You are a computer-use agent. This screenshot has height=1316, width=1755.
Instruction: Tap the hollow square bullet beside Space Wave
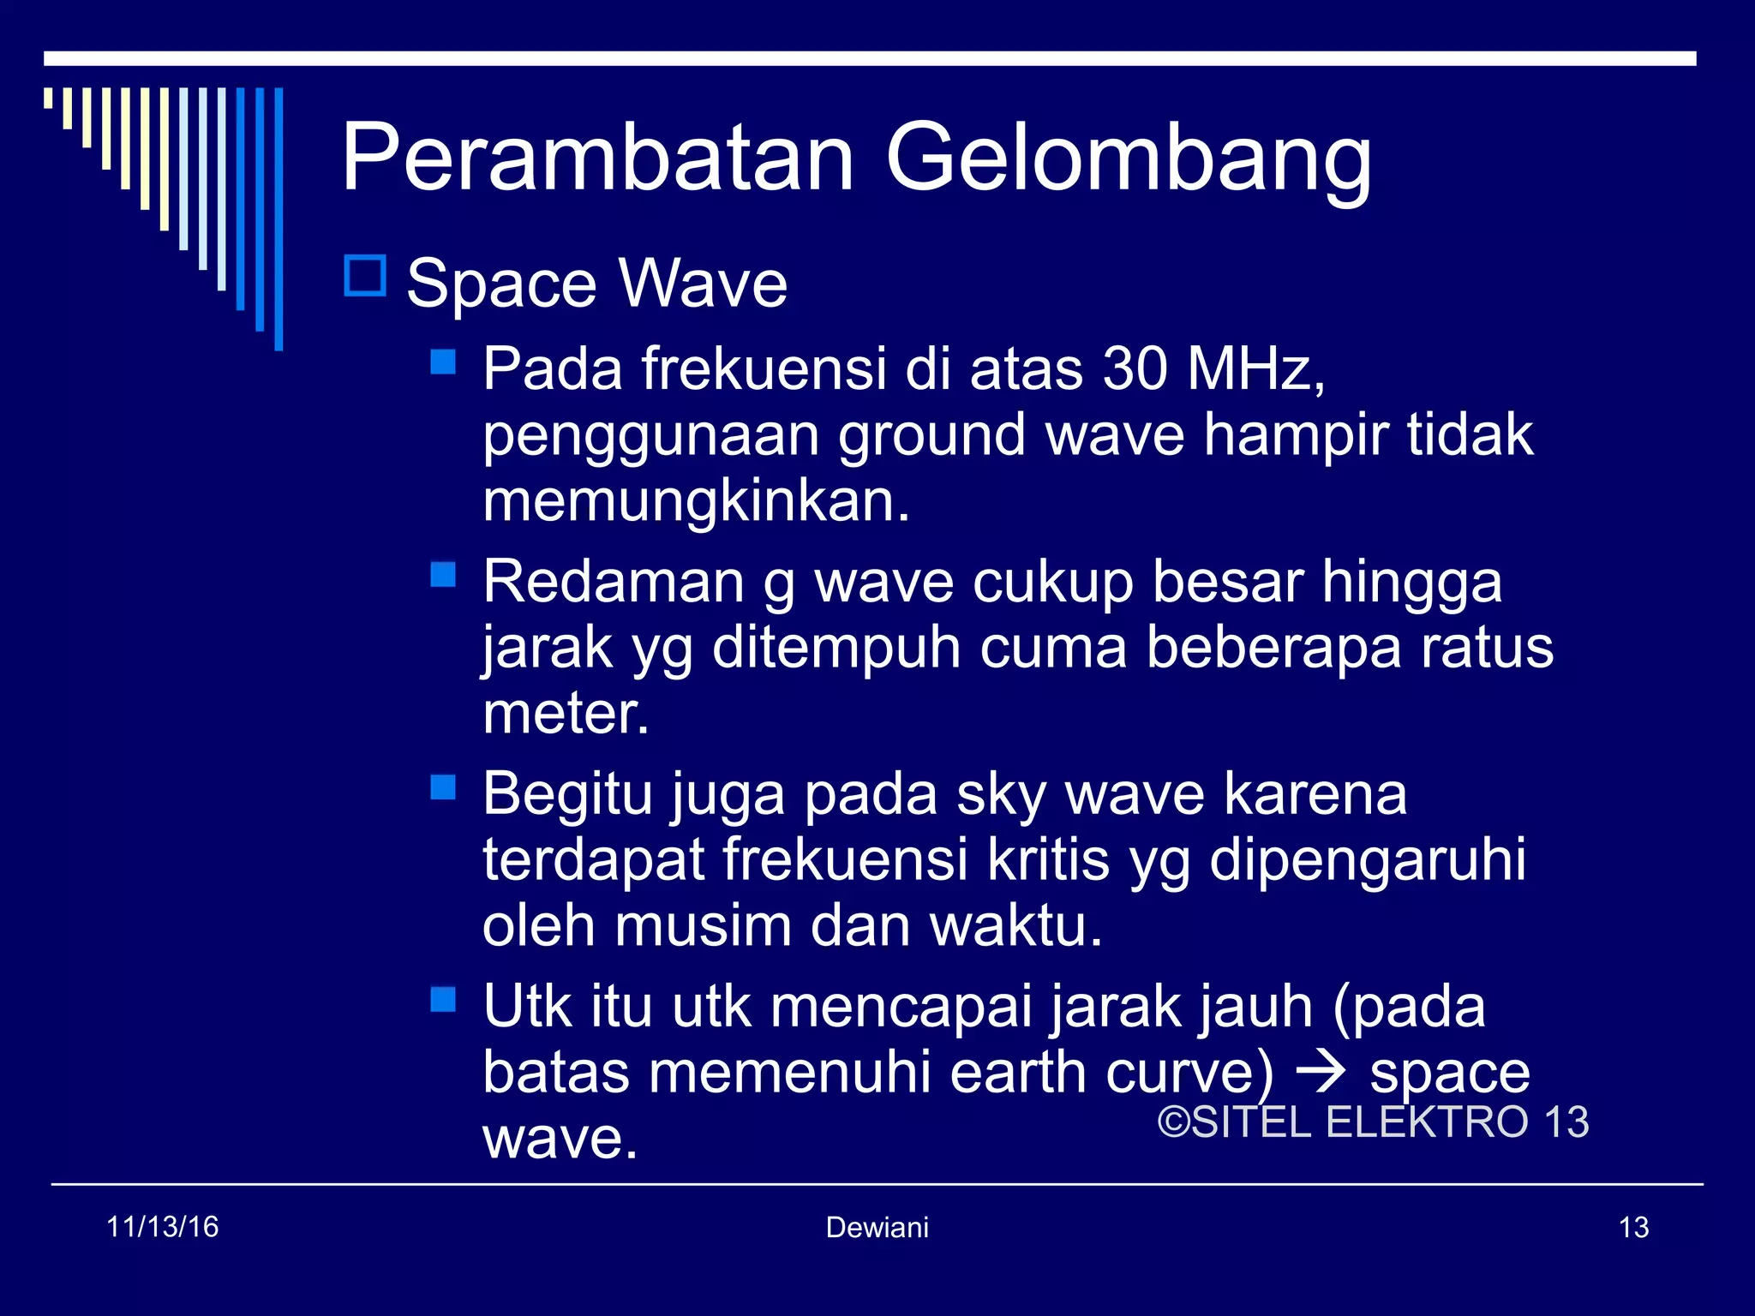365,276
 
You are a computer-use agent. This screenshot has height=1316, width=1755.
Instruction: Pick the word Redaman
614,582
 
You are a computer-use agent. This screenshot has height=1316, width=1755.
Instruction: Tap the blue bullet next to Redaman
443,574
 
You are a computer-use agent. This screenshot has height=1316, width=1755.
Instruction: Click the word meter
566,713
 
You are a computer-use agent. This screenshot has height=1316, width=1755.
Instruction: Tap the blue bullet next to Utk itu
443,999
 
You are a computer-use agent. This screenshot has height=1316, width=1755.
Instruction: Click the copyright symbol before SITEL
1174,1122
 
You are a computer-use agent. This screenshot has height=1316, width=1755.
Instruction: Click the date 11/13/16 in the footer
163,1227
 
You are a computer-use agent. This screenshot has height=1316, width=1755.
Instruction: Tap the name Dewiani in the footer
877,1228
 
